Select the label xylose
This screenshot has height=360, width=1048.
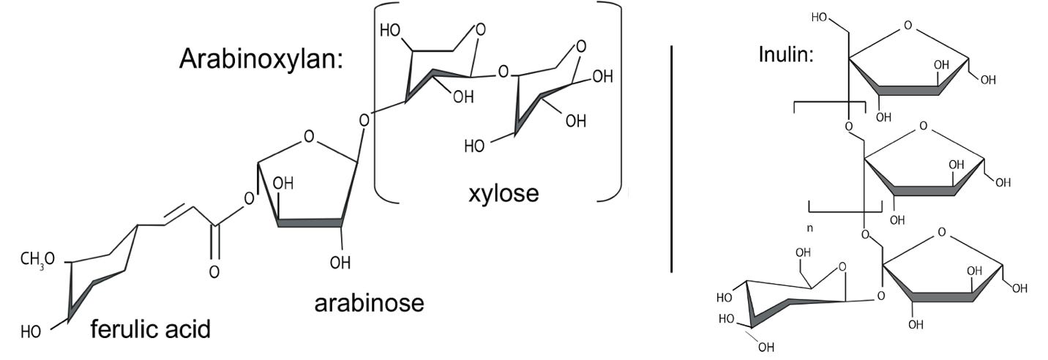point(504,193)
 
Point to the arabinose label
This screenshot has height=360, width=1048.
point(369,302)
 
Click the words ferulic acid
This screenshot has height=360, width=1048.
point(150,329)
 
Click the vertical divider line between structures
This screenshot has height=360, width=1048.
point(671,157)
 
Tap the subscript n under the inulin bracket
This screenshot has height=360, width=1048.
point(809,228)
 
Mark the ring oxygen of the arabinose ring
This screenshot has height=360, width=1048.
point(309,136)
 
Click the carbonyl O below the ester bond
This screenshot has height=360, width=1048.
point(214,271)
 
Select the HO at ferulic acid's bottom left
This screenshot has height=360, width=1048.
point(31,332)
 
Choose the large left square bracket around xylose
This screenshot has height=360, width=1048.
point(381,102)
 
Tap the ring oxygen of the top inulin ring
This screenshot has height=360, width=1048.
point(907,26)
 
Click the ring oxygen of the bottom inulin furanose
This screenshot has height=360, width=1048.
point(941,233)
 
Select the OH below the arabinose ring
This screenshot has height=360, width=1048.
point(340,262)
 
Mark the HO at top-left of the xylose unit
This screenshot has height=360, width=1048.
point(391,31)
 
